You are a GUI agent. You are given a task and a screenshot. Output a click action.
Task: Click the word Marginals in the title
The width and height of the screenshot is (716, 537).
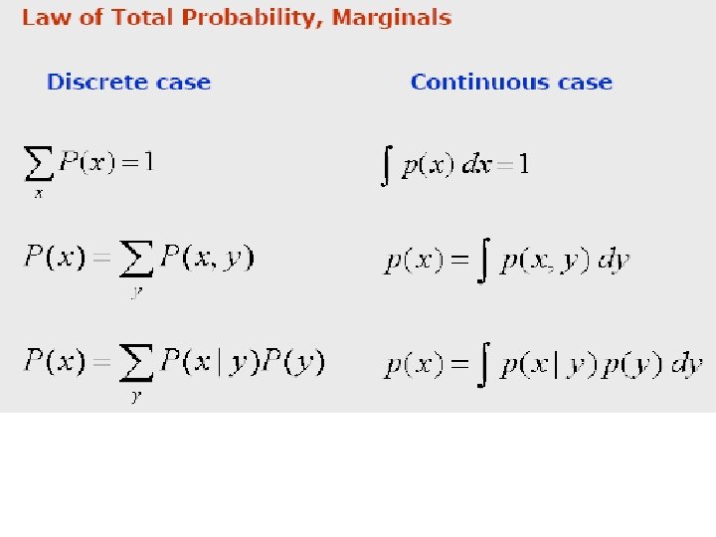tap(391, 18)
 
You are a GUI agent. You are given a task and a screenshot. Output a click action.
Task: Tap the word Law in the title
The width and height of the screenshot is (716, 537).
tap(46, 18)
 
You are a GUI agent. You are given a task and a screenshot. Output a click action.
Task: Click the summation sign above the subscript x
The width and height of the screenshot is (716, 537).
tap(39, 163)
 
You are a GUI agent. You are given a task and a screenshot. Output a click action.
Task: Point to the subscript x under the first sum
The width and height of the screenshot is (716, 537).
tap(39, 193)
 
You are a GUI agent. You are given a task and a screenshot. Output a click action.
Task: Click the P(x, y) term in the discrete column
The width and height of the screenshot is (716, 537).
tap(207, 259)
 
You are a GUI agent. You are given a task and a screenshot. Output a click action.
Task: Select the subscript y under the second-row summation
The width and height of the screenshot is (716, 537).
tap(135, 293)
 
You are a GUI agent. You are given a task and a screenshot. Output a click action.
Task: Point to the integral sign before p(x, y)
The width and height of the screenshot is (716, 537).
tap(483, 262)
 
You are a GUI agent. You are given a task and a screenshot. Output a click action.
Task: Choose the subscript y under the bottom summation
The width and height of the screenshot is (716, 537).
tap(135, 397)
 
